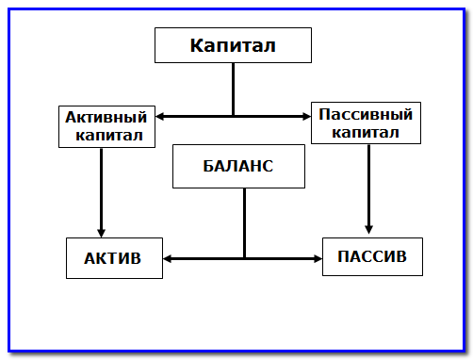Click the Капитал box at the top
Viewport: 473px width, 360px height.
pyautogui.click(x=233, y=45)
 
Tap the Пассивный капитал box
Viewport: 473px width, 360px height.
pyautogui.click(x=366, y=123)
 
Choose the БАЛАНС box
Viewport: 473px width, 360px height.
pyautogui.click(x=237, y=166)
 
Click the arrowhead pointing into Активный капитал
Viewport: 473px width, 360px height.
pyautogui.click(x=159, y=117)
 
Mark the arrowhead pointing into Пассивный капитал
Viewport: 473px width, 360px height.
pyautogui.click(x=306, y=117)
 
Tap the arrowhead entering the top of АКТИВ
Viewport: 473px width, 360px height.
pyautogui.click(x=101, y=233)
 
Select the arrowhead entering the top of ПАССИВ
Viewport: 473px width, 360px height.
pyautogui.click(x=368, y=230)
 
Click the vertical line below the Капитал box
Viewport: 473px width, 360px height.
pyautogui.click(x=233, y=90)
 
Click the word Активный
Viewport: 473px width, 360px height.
pyautogui.click(x=106, y=118)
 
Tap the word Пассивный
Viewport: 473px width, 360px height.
pyautogui.click(x=366, y=114)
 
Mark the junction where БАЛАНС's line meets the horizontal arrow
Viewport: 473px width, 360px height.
pyautogui.click(x=244, y=257)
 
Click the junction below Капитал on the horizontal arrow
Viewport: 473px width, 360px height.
pyautogui.click(x=233, y=117)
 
